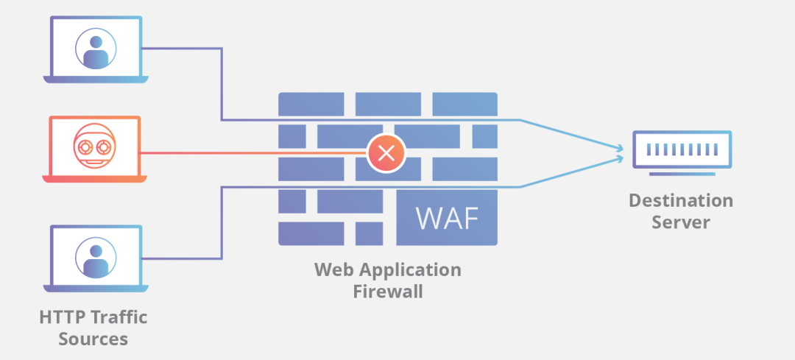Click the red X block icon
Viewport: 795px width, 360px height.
386,153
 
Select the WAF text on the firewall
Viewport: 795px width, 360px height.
447,218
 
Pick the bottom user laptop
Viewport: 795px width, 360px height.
95,258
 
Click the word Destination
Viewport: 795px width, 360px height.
680,201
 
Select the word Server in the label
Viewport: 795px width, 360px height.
681,222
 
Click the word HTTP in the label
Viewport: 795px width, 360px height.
62,317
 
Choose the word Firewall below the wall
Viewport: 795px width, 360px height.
388,292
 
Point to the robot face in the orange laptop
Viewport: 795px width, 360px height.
94,146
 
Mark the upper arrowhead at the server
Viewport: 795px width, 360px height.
620,147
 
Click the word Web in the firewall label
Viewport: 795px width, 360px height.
331,269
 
